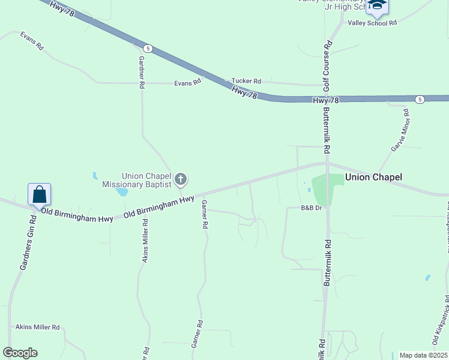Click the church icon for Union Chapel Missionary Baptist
[x=181, y=179]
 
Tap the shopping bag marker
[x=39, y=195]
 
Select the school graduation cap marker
[x=378, y=5]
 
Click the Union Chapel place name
[x=373, y=177]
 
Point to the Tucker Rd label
[x=246, y=81]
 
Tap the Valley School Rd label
[x=372, y=23]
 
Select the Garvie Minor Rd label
[x=400, y=130]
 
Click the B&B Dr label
[x=312, y=208]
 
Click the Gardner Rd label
[x=142, y=73]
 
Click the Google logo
[x=20, y=353]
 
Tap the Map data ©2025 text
[x=423, y=355]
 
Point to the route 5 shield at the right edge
[x=420, y=99]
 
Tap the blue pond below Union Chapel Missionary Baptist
[x=122, y=192]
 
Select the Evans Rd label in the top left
[x=32, y=41]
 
